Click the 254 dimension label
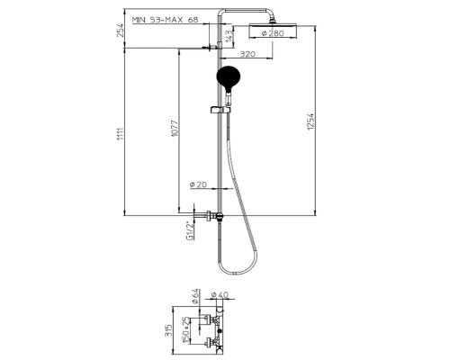click(121, 30)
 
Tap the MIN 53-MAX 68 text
click(166, 20)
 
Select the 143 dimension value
click(229, 36)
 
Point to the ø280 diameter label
click(273, 33)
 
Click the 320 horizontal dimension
click(247, 54)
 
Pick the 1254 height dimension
click(310, 121)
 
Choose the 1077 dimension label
click(175, 129)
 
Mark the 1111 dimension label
click(121, 134)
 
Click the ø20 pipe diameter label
click(198, 184)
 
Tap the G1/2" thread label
click(190, 231)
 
